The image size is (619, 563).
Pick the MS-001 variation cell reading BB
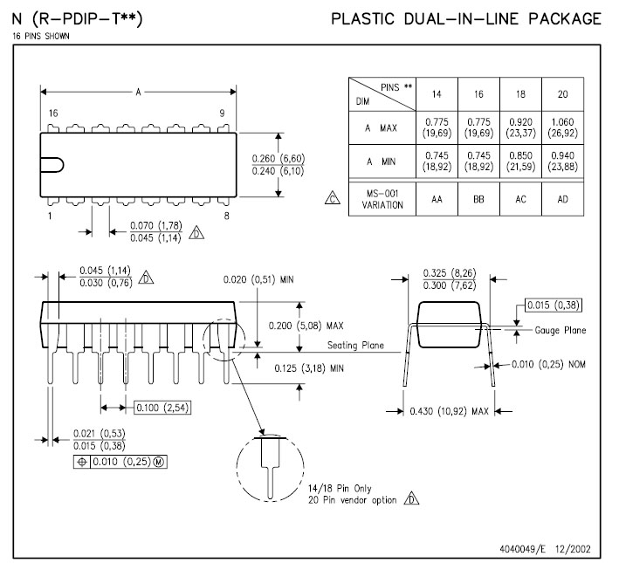pyautogui.click(x=478, y=199)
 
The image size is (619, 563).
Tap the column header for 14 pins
pyautogui.click(x=436, y=93)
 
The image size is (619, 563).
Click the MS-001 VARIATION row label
pyautogui.click(x=382, y=199)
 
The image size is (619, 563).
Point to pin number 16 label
pyautogui.click(x=53, y=113)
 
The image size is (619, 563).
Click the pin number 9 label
pyautogui.click(x=222, y=113)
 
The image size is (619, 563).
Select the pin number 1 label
pyautogui.click(x=50, y=215)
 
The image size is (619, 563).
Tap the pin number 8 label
pyautogui.click(x=226, y=215)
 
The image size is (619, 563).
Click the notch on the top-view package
pyautogui.click(x=52, y=164)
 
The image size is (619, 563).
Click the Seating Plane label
pyautogui.click(x=355, y=346)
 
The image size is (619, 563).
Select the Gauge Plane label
pyautogui.click(x=561, y=330)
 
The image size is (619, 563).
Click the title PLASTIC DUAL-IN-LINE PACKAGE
pyautogui.click(x=466, y=19)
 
